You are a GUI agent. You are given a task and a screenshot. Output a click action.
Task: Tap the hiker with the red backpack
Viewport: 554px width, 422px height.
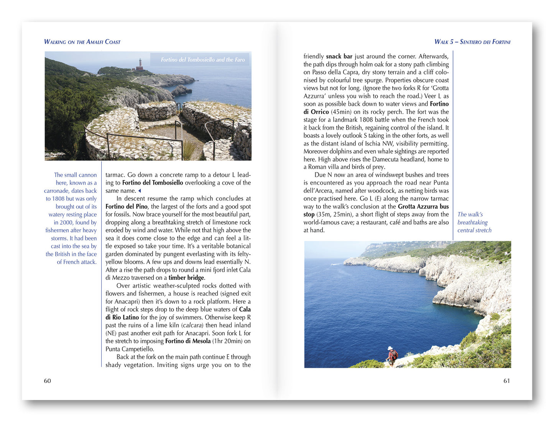point(392,356)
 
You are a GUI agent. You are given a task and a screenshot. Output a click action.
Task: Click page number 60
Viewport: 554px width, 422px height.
point(48,381)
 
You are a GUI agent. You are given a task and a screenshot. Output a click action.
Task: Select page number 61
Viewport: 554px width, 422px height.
point(506,381)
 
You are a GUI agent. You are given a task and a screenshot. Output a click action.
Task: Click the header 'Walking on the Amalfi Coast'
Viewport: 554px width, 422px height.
point(82,42)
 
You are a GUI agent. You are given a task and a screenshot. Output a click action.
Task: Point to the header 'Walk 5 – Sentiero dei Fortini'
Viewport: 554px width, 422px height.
point(472,42)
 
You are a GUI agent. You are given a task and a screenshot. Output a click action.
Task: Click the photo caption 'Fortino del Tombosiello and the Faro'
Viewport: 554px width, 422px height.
point(202,60)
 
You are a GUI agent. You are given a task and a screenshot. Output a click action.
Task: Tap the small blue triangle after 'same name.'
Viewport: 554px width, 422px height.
point(140,191)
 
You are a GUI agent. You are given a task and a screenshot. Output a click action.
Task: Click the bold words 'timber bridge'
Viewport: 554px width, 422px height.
point(186,278)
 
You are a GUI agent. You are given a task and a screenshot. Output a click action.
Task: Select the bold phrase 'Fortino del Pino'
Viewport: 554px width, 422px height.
point(127,207)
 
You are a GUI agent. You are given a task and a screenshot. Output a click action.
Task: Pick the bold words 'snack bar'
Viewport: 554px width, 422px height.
point(339,56)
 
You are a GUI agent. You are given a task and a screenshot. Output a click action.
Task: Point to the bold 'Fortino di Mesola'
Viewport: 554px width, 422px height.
point(188,341)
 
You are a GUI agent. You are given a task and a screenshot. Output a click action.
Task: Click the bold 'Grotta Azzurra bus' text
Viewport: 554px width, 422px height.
point(423,207)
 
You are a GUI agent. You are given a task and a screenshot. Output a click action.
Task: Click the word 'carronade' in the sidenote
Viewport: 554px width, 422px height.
point(57,191)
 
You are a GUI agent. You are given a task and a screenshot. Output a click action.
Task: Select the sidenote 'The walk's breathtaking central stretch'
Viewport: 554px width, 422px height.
point(474,222)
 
